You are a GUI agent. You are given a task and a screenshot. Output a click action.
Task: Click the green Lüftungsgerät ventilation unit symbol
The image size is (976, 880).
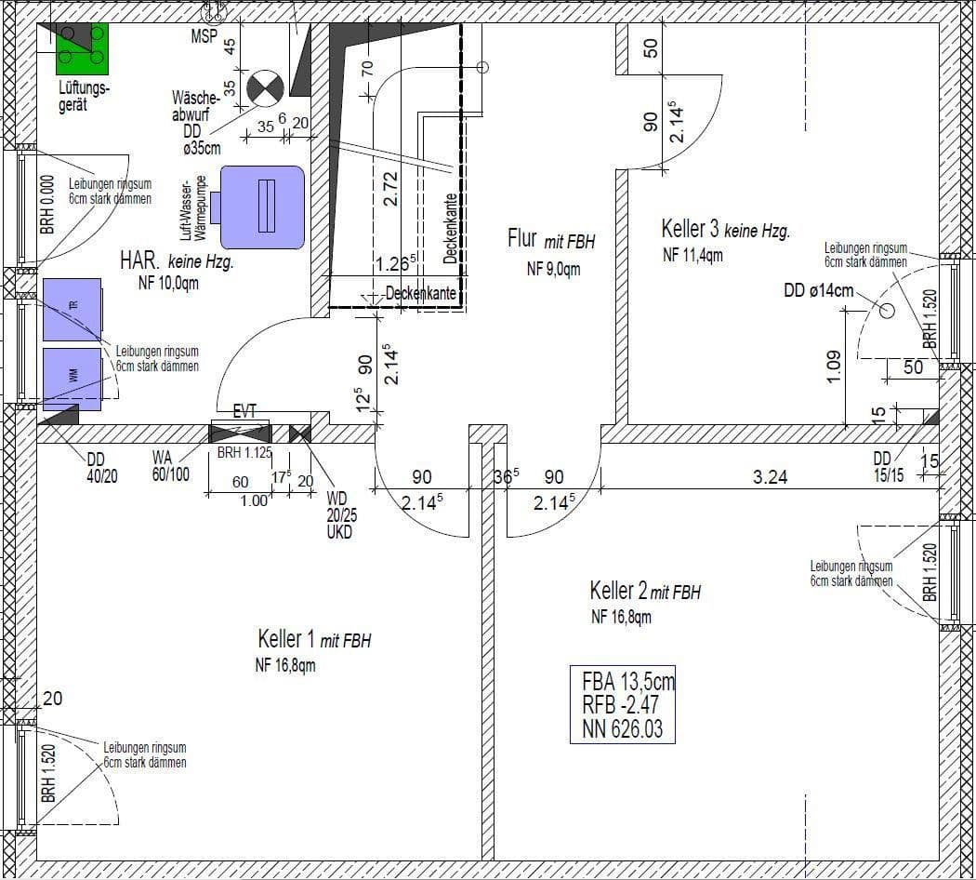pyautogui.click(x=82, y=48)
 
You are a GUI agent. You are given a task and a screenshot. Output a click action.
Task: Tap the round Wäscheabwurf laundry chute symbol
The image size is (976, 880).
pyautogui.click(x=265, y=89)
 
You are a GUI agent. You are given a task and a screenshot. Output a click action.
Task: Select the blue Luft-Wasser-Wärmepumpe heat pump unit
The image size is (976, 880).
pyautogui.click(x=262, y=207)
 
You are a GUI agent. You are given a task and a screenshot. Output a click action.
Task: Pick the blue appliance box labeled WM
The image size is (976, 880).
pyautogui.click(x=72, y=379)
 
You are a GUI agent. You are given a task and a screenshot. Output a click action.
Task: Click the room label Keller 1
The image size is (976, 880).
pyautogui.click(x=287, y=640)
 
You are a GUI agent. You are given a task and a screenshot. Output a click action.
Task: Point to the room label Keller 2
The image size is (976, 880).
pyautogui.click(x=618, y=591)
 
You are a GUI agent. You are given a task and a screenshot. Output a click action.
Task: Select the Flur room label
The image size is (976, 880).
pyautogui.click(x=521, y=239)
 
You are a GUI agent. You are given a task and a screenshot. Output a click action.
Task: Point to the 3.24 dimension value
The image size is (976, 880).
pyautogui.click(x=770, y=478)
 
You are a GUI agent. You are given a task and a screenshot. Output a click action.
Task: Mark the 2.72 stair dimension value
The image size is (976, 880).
pyautogui.click(x=391, y=188)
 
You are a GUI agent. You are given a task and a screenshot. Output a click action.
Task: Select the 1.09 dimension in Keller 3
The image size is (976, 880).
pyautogui.click(x=833, y=366)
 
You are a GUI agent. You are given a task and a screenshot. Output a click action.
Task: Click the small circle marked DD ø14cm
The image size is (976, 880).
pyautogui.click(x=887, y=313)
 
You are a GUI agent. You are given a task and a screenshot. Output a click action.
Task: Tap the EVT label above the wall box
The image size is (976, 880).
pyautogui.click(x=244, y=410)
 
